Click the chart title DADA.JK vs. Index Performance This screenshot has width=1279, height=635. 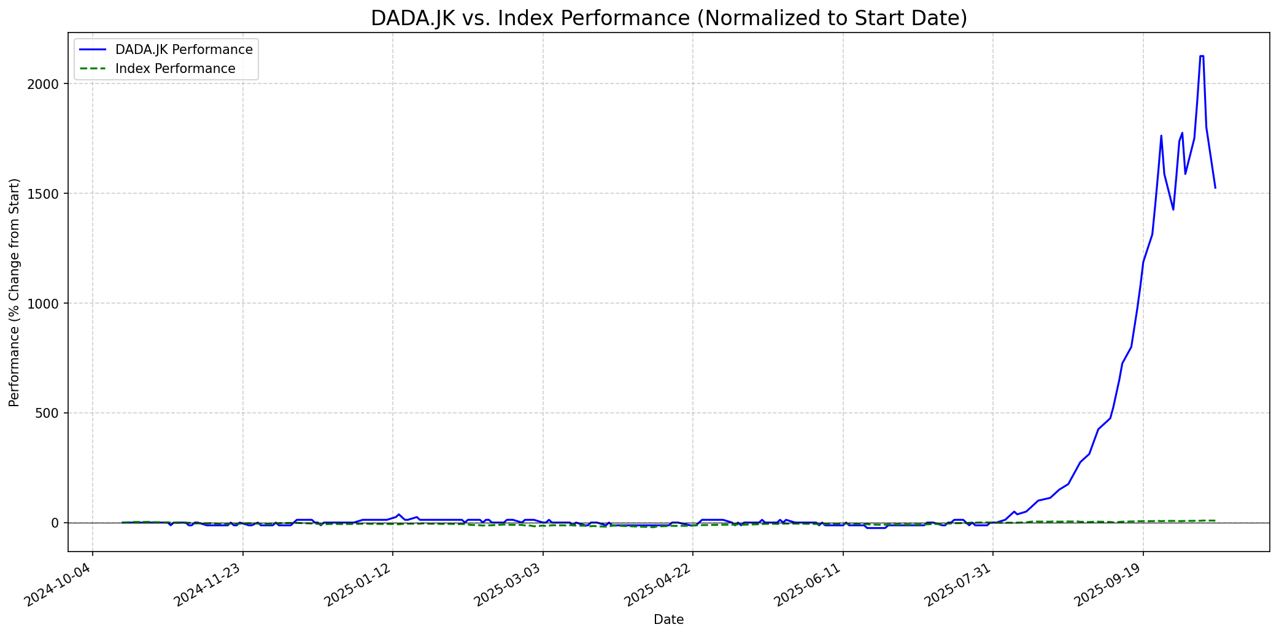click(x=668, y=18)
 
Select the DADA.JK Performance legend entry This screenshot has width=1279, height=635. click(x=184, y=50)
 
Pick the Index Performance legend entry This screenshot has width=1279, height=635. click(x=175, y=69)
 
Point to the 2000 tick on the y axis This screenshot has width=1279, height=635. click(x=45, y=84)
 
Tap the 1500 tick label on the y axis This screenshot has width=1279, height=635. click(x=45, y=194)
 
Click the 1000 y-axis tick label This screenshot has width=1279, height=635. click(x=45, y=304)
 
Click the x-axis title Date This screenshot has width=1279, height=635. click(x=668, y=620)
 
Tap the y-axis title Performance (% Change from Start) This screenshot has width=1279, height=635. click(x=15, y=292)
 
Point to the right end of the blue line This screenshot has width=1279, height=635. click(x=1215, y=188)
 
